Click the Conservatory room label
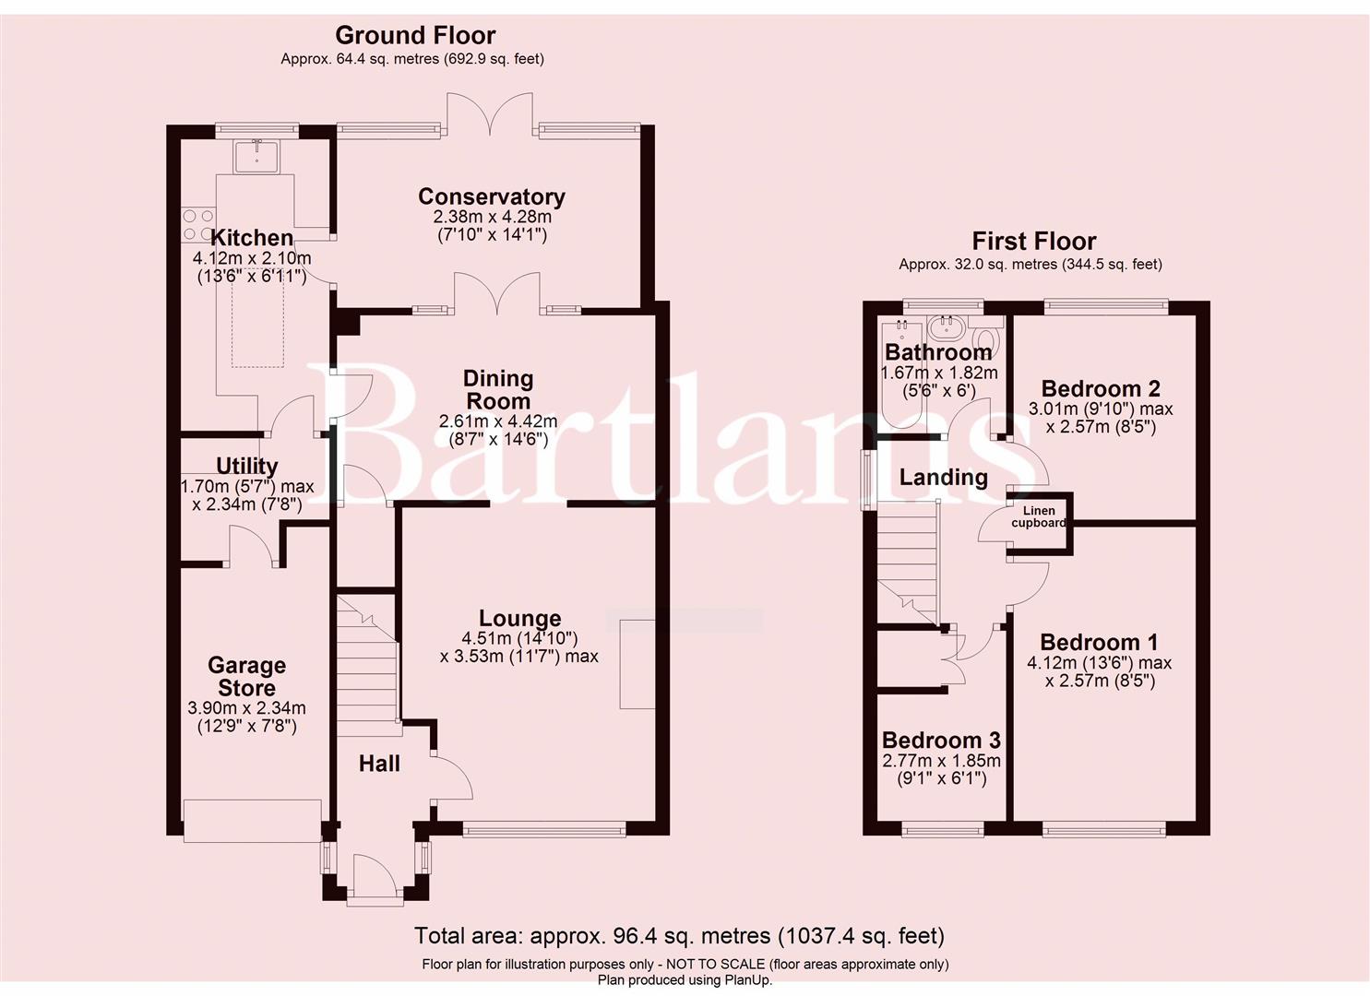pos(491,196)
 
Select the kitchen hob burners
pos(197,225)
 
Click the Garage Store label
pos(246,677)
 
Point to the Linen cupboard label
pos(1039,516)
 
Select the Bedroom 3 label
pos(941,741)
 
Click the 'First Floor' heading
pos(1033,242)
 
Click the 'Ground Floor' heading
pos(415,36)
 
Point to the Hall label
pos(379,764)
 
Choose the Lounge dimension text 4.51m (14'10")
pos(519,638)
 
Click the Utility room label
pos(246,466)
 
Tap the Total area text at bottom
pos(679,936)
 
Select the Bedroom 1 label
pos(1099,643)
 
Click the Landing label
pos(943,477)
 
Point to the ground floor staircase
pos(368,659)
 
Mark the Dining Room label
pos(498,390)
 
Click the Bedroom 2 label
pos(1101,389)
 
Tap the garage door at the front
pos(253,821)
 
